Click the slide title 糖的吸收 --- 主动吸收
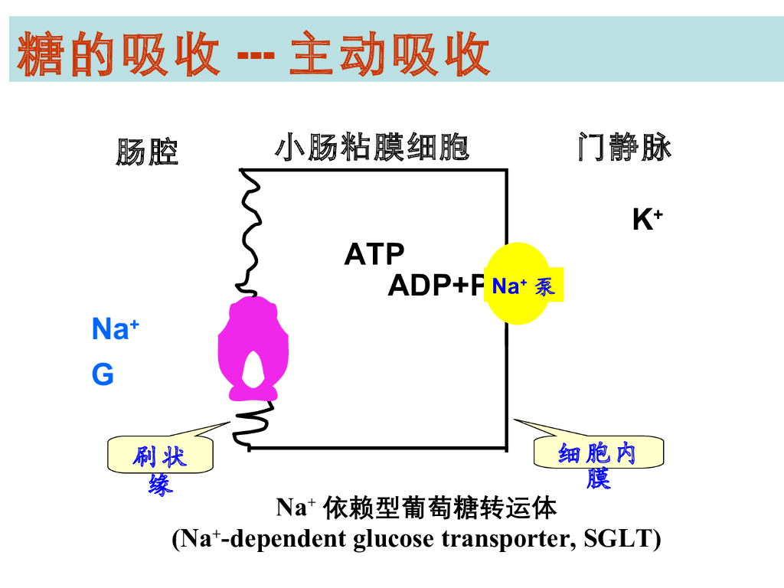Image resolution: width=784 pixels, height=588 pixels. point(253,54)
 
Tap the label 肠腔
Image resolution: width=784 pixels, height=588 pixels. point(147,152)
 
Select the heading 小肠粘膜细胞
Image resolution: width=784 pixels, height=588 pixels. point(371,147)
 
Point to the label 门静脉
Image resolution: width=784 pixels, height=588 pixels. point(624,147)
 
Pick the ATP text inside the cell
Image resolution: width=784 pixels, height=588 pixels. point(374,254)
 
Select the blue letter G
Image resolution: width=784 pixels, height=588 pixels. point(103,375)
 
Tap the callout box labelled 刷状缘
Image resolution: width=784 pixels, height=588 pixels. point(160,457)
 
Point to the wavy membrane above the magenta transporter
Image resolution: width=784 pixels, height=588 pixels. point(250,230)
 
